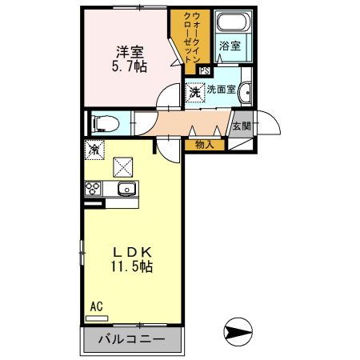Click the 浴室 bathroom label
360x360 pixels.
point(230,46)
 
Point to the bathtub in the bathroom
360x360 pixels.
point(232,23)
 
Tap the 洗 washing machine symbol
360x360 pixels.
point(195,93)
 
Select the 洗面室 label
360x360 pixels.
point(221,90)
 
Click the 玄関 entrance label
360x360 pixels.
point(241,126)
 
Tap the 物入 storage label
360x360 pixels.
point(205,145)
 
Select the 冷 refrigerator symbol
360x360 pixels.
point(94,149)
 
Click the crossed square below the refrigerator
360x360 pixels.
point(123,166)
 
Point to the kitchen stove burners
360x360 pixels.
point(93,190)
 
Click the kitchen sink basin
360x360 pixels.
point(126,190)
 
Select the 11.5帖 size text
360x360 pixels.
point(132,268)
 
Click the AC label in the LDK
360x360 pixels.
point(96,306)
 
